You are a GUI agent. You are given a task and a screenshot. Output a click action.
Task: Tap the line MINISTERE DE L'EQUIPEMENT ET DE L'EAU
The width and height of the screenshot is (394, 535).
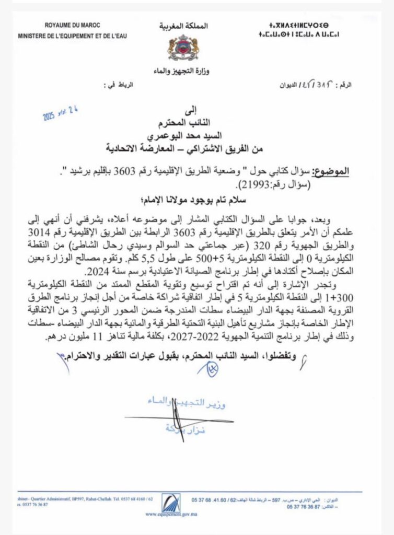pos(72,36)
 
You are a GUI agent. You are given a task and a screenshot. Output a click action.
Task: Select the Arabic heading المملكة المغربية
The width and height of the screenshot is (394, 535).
pos(183,26)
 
